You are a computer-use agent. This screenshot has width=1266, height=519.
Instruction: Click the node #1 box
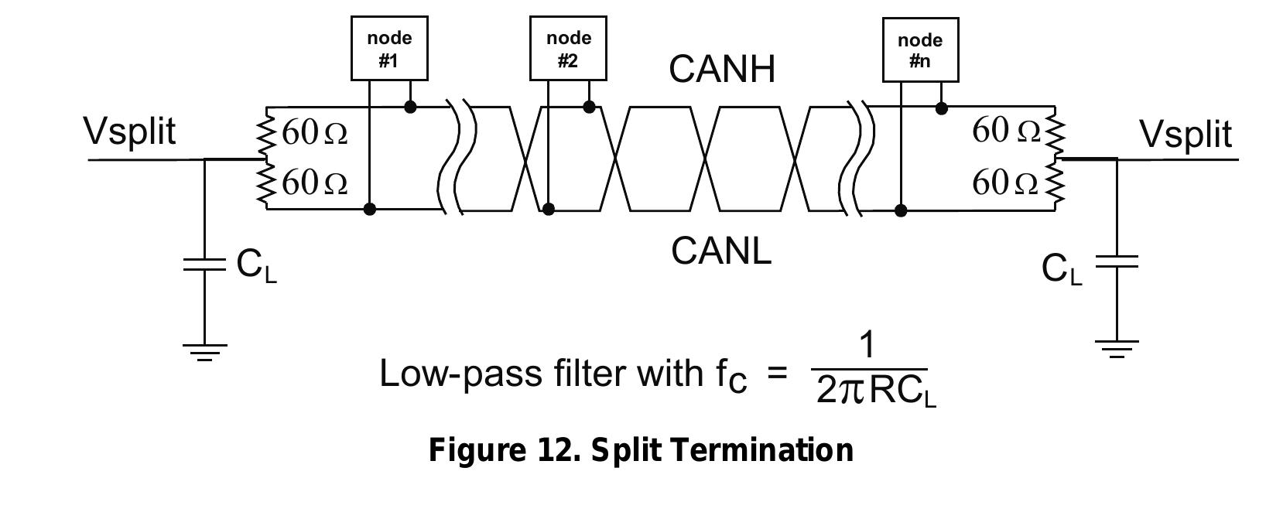[x=389, y=49]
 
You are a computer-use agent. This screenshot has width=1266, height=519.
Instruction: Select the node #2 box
[x=568, y=49]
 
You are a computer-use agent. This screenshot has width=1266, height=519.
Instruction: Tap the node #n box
[x=920, y=50]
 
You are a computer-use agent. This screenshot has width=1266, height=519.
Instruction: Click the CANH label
[x=721, y=70]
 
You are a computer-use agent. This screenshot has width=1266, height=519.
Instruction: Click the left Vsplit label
[x=130, y=131]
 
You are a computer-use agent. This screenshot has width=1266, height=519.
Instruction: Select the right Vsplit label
[x=1186, y=134]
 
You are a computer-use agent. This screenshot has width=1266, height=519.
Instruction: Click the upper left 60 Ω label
[x=314, y=133]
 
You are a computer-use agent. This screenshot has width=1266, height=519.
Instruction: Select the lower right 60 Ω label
[x=1004, y=183]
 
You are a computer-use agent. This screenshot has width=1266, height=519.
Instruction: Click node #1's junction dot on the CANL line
[x=370, y=209]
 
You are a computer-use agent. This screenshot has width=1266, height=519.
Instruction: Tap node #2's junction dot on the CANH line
[x=589, y=107]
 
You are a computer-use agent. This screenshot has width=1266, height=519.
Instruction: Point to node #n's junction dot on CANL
[x=901, y=210]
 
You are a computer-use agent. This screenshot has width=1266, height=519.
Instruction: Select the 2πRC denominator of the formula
[x=875, y=391]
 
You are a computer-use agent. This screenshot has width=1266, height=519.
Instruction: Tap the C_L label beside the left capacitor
[x=256, y=266]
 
